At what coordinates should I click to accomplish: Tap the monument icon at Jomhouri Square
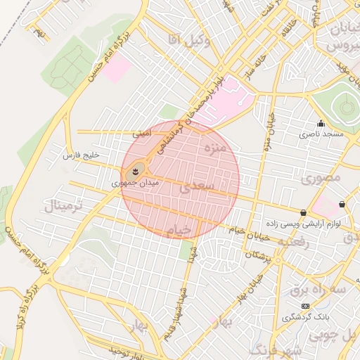(136, 169)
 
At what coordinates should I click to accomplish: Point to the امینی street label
(141, 133)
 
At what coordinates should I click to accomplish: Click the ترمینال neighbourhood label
(63, 207)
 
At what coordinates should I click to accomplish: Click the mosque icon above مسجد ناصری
(321, 123)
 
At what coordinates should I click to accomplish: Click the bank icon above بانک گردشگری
(304, 306)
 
